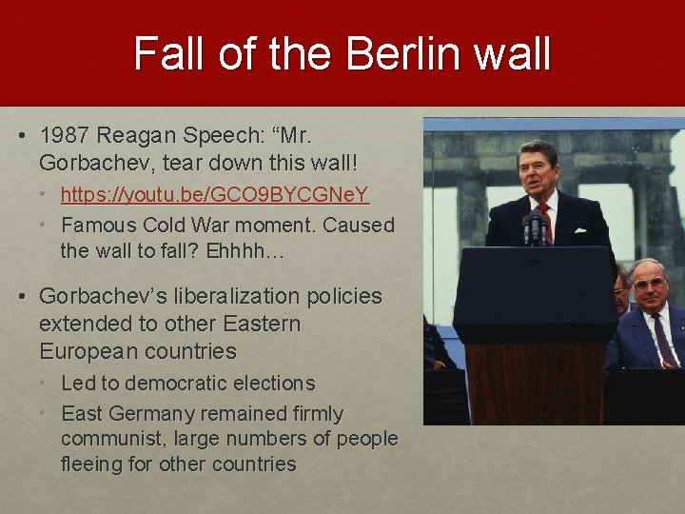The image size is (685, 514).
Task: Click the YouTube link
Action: point(215,195)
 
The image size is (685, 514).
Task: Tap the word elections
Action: point(267,384)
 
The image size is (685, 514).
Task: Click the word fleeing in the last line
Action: point(91,464)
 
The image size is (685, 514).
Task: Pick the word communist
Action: point(108,439)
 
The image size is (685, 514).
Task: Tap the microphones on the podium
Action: point(534,228)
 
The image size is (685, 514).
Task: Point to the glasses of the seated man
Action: point(650,285)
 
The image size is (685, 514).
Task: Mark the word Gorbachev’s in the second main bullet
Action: point(101,296)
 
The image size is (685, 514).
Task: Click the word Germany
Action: point(151,414)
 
